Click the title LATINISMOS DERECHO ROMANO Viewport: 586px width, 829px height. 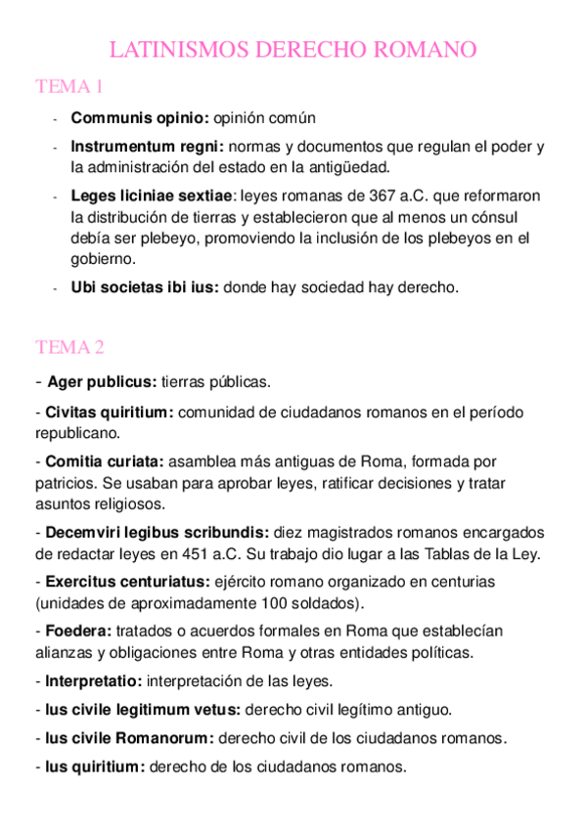[x=293, y=50]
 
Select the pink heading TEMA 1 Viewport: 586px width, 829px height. [x=69, y=87]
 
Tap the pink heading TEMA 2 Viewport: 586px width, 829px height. [x=69, y=347]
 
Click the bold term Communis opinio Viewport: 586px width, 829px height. [x=139, y=118]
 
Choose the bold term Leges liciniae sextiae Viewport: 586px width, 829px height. [x=152, y=196]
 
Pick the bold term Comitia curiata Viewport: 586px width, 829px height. [x=105, y=460]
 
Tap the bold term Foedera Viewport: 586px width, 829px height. [x=78, y=631]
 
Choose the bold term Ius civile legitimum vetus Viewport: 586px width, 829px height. [x=142, y=709]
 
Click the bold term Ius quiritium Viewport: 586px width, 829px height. [x=95, y=766]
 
